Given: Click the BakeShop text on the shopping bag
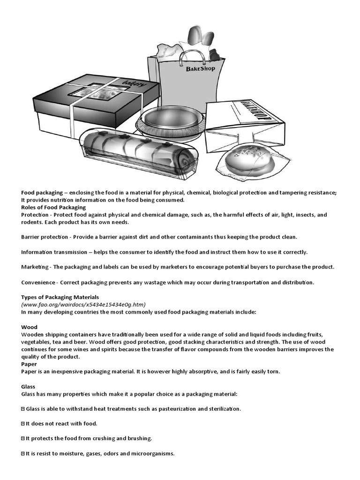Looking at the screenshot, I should (x=200, y=69).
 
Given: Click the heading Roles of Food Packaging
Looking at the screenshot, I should (x=53, y=207).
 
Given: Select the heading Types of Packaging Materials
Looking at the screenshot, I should (x=60, y=297).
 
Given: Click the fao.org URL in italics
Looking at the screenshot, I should (x=83, y=304).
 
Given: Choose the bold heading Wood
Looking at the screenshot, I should (x=29, y=327).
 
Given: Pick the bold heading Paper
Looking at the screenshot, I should (x=29, y=364).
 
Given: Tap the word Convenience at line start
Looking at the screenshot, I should (x=38, y=282).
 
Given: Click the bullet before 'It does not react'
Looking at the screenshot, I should (x=23, y=424).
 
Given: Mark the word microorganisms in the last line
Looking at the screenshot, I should (x=151, y=454).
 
